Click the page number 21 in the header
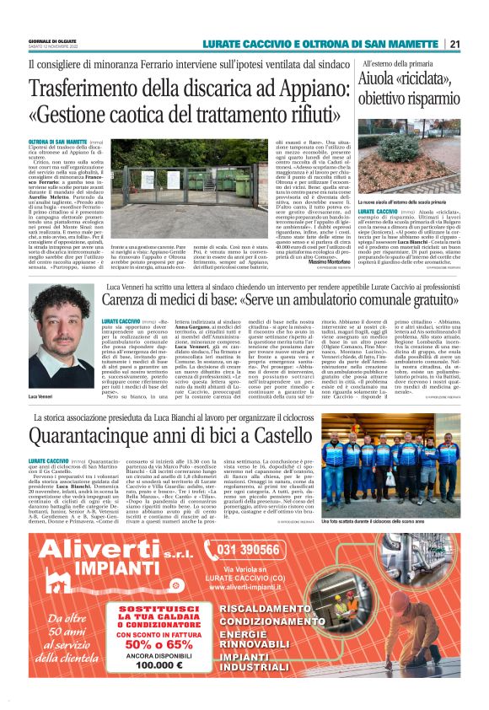coord(454,44)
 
